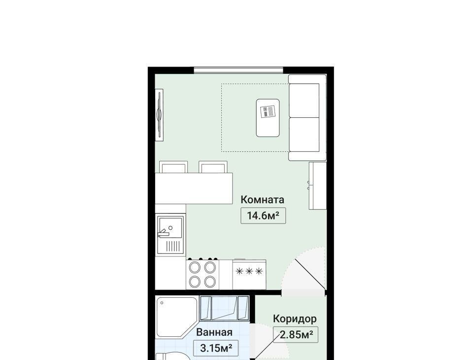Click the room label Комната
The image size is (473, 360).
pyautogui.click(x=263, y=200)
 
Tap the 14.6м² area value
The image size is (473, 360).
pyautogui.click(x=263, y=216)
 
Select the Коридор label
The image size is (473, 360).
pyautogui.click(x=295, y=319)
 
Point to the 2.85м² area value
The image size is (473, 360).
pyautogui.click(x=296, y=335)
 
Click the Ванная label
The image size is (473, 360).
pyautogui.click(x=214, y=332)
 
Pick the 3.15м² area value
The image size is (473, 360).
pyautogui.click(x=216, y=348)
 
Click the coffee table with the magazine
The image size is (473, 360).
pyautogui.click(x=268, y=118)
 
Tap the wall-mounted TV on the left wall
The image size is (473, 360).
pyautogui.click(x=159, y=114)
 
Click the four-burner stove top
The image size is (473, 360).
pyautogui.click(x=202, y=274)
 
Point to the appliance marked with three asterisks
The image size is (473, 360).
pyautogui.click(x=249, y=274)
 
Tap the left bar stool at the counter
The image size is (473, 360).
pyautogui.click(x=173, y=167)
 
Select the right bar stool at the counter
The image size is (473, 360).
pyautogui.click(x=213, y=167)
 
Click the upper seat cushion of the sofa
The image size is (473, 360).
pyautogui.click(x=304, y=101)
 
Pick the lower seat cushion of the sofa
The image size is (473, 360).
pyautogui.click(x=304, y=135)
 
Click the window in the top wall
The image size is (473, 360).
pyautogui.click(x=238, y=71)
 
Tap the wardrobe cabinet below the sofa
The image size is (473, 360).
pyautogui.click(x=318, y=185)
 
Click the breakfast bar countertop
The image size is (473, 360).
pyautogui.click(x=194, y=188)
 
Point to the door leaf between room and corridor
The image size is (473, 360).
pyautogui.click(x=310, y=274)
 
